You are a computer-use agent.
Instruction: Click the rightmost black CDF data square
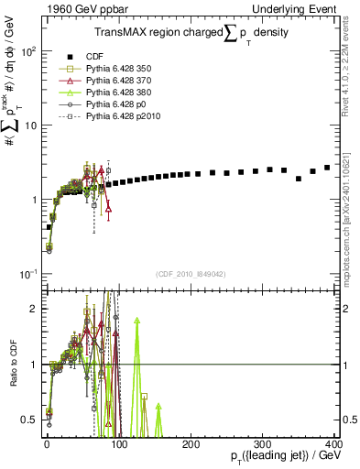327,168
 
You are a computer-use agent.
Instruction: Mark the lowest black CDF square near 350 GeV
299,179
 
